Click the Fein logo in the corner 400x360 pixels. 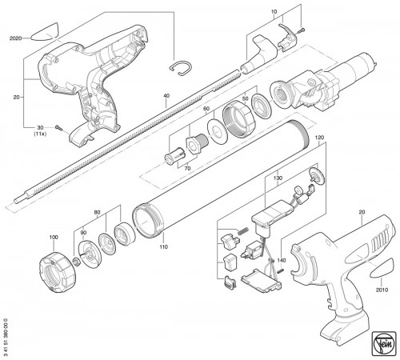(385, 345)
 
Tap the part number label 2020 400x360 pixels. (15, 38)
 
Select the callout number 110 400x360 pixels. (164, 247)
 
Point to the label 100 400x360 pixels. (54, 237)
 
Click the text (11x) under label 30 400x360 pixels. (40, 134)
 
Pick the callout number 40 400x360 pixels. (166, 95)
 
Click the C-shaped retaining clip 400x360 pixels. (181, 68)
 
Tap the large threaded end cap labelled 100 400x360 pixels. (57, 273)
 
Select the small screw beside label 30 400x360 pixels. (59, 128)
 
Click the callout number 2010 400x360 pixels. (382, 290)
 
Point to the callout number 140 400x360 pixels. (282, 260)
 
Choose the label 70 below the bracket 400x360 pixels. (187, 169)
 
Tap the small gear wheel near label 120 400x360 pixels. (317, 176)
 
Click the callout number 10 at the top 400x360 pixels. (274, 12)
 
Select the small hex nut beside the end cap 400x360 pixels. (77, 262)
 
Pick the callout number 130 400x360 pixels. (278, 178)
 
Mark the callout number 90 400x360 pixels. (83, 233)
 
